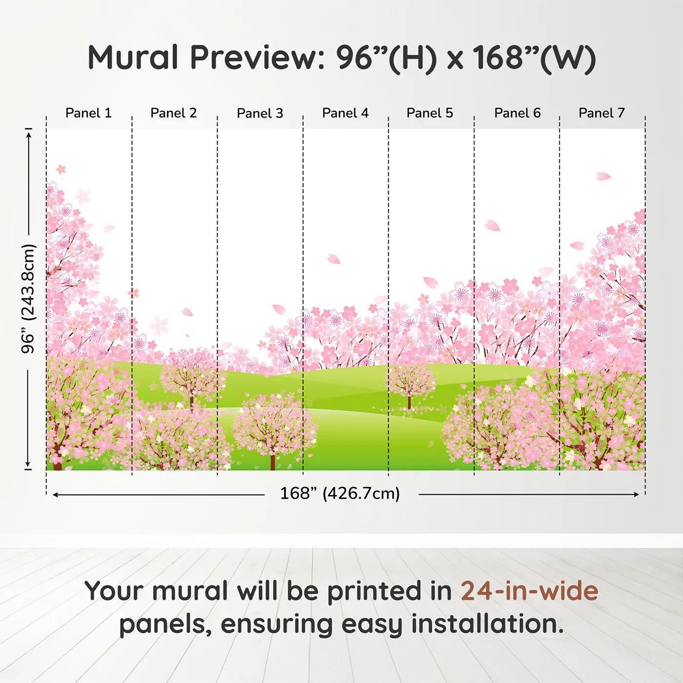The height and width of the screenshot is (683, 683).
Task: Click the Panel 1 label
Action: (x=88, y=113)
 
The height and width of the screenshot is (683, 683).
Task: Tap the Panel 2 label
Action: (x=174, y=113)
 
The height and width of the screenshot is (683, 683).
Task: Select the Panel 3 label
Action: (x=260, y=113)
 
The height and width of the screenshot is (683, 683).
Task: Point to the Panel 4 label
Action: (x=345, y=113)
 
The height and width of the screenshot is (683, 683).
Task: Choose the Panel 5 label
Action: (x=430, y=113)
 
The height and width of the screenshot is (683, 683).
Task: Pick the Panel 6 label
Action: (x=517, y=113)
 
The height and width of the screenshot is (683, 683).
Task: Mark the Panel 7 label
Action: (x=602, y=113)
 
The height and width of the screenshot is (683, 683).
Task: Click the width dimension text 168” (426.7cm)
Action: (x=340, y=494)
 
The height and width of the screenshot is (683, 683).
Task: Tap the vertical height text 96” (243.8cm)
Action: (x=28, y=299)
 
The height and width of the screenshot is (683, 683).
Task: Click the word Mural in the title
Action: (x=133, y=58)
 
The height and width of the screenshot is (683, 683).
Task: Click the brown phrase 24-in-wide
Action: (x=529, y=591)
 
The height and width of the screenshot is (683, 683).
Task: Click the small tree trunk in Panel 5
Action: (x=409, y=402)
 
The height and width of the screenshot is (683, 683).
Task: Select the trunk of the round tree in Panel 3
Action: (x=272, y=461)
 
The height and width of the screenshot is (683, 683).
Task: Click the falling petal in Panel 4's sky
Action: (x=334, y=259)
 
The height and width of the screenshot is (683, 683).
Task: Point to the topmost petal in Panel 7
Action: (x=603, y=176)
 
